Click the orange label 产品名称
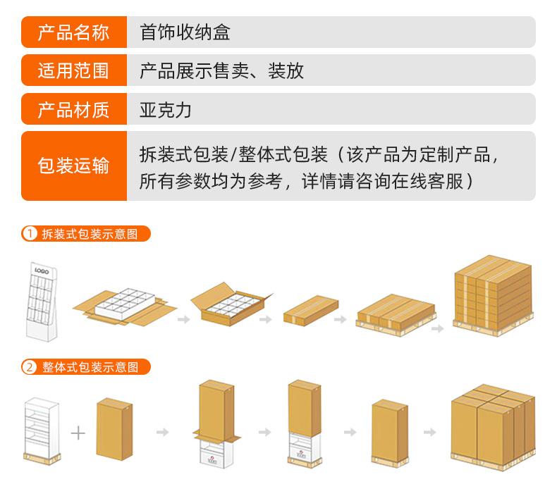click(73, 32)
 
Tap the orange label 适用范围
click(73, 70)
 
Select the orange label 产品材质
click(73, 109)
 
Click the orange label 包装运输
click(73, 166)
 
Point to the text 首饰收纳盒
click(185, 32)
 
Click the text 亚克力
click(166, 109)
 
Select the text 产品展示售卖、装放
click(221, 70)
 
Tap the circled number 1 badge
click(30, 233)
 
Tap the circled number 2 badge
click(30, 366)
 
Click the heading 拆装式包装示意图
click(90, 233)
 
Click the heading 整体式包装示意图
click(90, 366)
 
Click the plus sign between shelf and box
click(78, 432)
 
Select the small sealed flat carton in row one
click(311, 309)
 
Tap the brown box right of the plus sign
click(114, 429)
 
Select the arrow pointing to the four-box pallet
click(429, 432)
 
